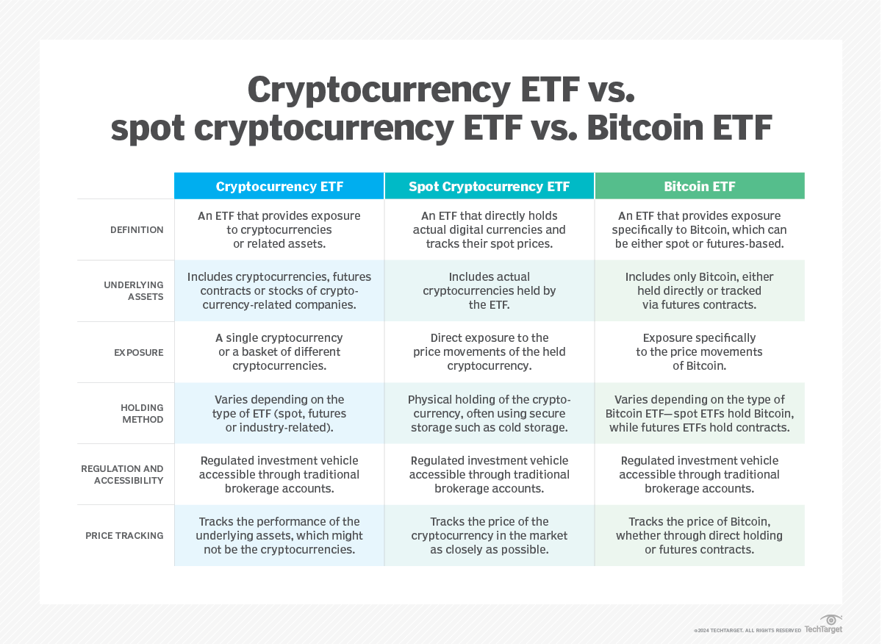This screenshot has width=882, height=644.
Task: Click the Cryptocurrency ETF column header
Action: click(x=279, y=186)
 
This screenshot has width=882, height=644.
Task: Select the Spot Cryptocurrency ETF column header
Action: click(x=489, y=186)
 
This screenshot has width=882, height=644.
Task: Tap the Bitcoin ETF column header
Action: click(x=699, y=186)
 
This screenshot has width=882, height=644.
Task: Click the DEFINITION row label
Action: click(x=137, y=229)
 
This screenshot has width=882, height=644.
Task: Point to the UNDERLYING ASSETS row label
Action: click(x=134, y=290)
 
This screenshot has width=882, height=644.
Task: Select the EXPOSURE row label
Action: click(x=139, y=353)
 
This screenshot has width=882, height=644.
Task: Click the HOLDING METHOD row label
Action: click(x=142, y=414)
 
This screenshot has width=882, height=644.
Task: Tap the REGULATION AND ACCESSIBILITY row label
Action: click(x=122, y=475)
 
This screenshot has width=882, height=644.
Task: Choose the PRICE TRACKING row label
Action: click(x=124, y=536)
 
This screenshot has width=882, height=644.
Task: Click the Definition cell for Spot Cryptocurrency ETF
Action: click(x=489, y=229)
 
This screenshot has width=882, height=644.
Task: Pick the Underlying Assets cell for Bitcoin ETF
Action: click(x=699, y=290)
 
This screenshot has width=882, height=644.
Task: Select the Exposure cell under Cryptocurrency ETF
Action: click(x=279, y=351)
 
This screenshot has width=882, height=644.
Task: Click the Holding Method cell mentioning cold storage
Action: click(x=489, y=414)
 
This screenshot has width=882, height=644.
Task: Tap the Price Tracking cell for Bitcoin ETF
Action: click(x=699, y=536)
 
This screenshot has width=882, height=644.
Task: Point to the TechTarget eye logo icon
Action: click(x=831, y=620)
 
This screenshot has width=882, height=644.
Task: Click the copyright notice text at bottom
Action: click(x=747, y=631)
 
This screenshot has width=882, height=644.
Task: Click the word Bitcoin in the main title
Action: click(x=645, y=128)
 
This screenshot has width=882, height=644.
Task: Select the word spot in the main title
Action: click(x=148, y=130)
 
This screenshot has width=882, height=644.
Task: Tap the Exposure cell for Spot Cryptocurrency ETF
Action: click(x=489, y=351)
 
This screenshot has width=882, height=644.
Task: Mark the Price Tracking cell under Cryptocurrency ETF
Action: click(x=279, y=536)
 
